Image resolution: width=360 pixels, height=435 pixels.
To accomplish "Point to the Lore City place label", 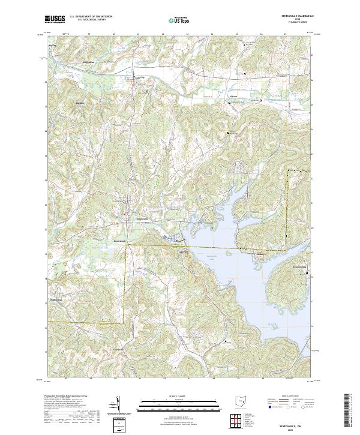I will [x=139, y=77].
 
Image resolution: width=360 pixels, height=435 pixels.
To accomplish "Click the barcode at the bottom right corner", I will [x=352, y=414].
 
